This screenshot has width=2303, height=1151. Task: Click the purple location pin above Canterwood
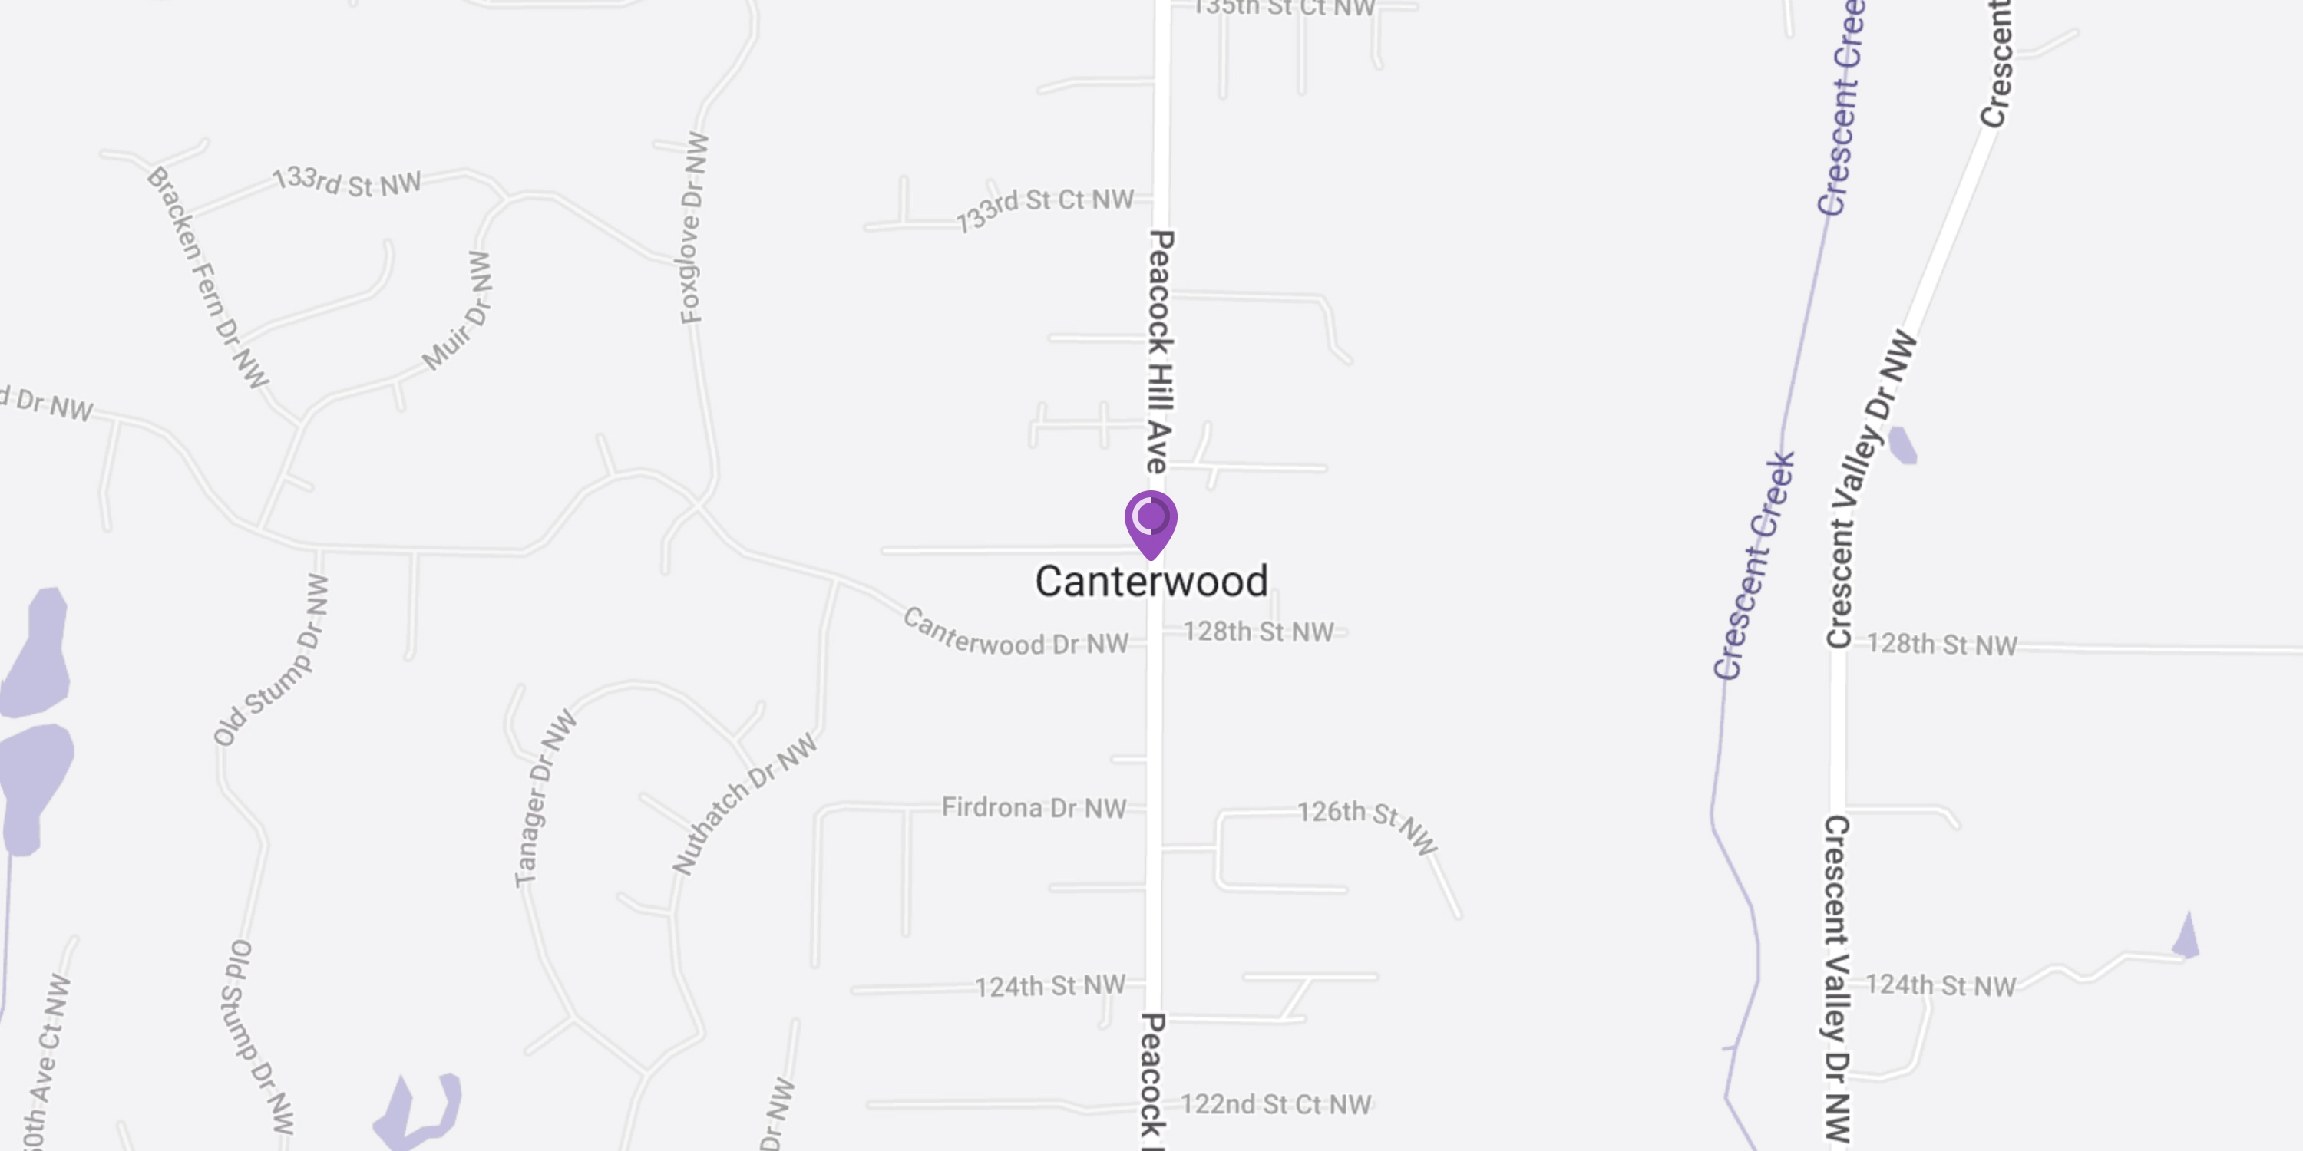[x=1151, y=521]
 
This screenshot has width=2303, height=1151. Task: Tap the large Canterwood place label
[x=1151, y=582]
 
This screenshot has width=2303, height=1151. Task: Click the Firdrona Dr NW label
[x=1033, y=808]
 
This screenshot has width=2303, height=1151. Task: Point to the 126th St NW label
[x=1367, y=826]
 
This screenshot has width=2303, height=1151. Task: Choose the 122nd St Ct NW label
[x=1276, y=1104]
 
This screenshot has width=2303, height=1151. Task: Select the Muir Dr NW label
[x=458, y=311]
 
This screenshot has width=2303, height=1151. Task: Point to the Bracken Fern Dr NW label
[x=207, y=277]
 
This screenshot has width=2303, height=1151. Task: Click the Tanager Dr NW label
[x=544, y=799]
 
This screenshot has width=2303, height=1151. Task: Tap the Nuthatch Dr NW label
[x=744, y=803]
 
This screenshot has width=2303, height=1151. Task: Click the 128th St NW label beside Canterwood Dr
[x=1259, y=632]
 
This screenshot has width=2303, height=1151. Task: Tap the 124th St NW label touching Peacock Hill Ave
[x=1049, y=987]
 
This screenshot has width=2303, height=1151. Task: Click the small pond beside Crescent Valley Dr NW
[x=1902, y=446]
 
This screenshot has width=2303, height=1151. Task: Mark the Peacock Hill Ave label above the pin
[x=1159, y=351]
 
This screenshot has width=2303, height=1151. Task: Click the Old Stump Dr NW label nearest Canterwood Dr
[x=271, y=661]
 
